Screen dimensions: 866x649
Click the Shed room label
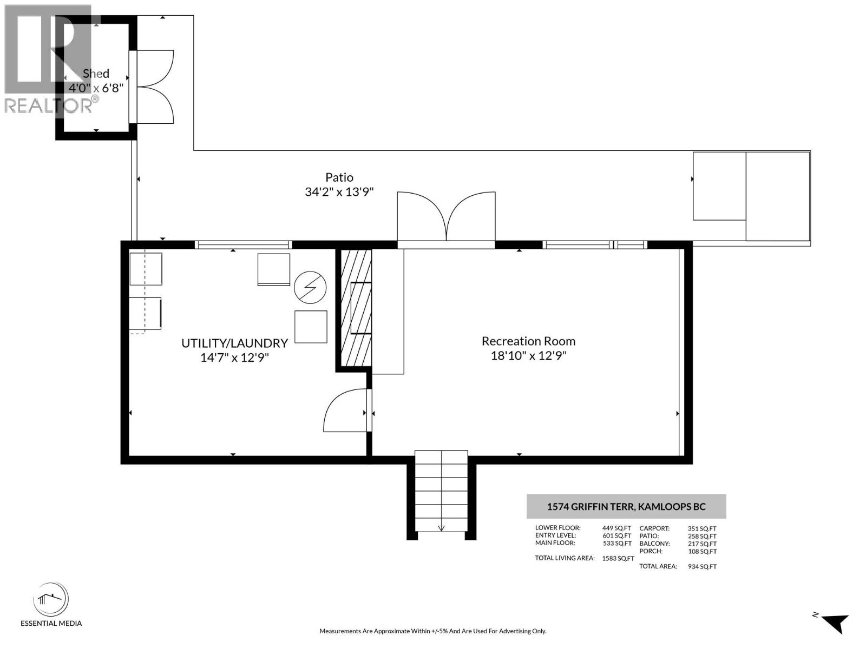point(96,74)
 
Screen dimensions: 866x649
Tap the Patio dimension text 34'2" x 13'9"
point(339,192)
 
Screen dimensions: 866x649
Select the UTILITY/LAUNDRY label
point(234,343)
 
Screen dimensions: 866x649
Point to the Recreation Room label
point(528,341)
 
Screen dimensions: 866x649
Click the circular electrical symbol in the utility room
point(310,287)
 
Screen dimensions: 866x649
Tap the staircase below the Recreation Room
point(441,491)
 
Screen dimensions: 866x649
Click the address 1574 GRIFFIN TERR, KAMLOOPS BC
point(626,506)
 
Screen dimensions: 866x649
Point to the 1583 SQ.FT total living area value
point(618,558)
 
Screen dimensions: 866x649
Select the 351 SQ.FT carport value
point(702,529)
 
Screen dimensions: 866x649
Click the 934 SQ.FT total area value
point(702,567)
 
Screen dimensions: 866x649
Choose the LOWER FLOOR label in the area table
point(558,528)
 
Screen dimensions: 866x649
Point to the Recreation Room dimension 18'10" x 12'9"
point(528,356)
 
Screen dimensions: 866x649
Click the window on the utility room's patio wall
point(244,244)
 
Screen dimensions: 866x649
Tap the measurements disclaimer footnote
point(433,631)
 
